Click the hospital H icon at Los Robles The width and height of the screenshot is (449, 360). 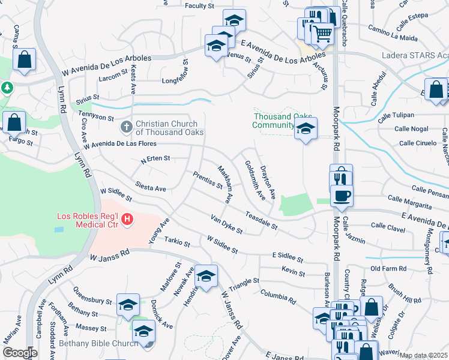pos(127,220)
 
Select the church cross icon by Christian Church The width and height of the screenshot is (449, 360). pos(126,127)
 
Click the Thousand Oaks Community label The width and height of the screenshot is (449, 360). pos(274,121)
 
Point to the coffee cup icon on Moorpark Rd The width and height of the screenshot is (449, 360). pos(342,195)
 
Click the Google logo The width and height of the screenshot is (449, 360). pos(20,353)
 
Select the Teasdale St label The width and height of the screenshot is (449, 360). pos(261,220)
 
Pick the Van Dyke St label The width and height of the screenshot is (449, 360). pos(226,223)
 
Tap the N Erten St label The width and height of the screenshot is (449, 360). pos(155,159)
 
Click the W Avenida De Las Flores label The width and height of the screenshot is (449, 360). pos(119,145)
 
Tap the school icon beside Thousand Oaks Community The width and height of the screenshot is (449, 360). pos(306,128)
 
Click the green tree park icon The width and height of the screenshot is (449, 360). pos(7,88)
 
